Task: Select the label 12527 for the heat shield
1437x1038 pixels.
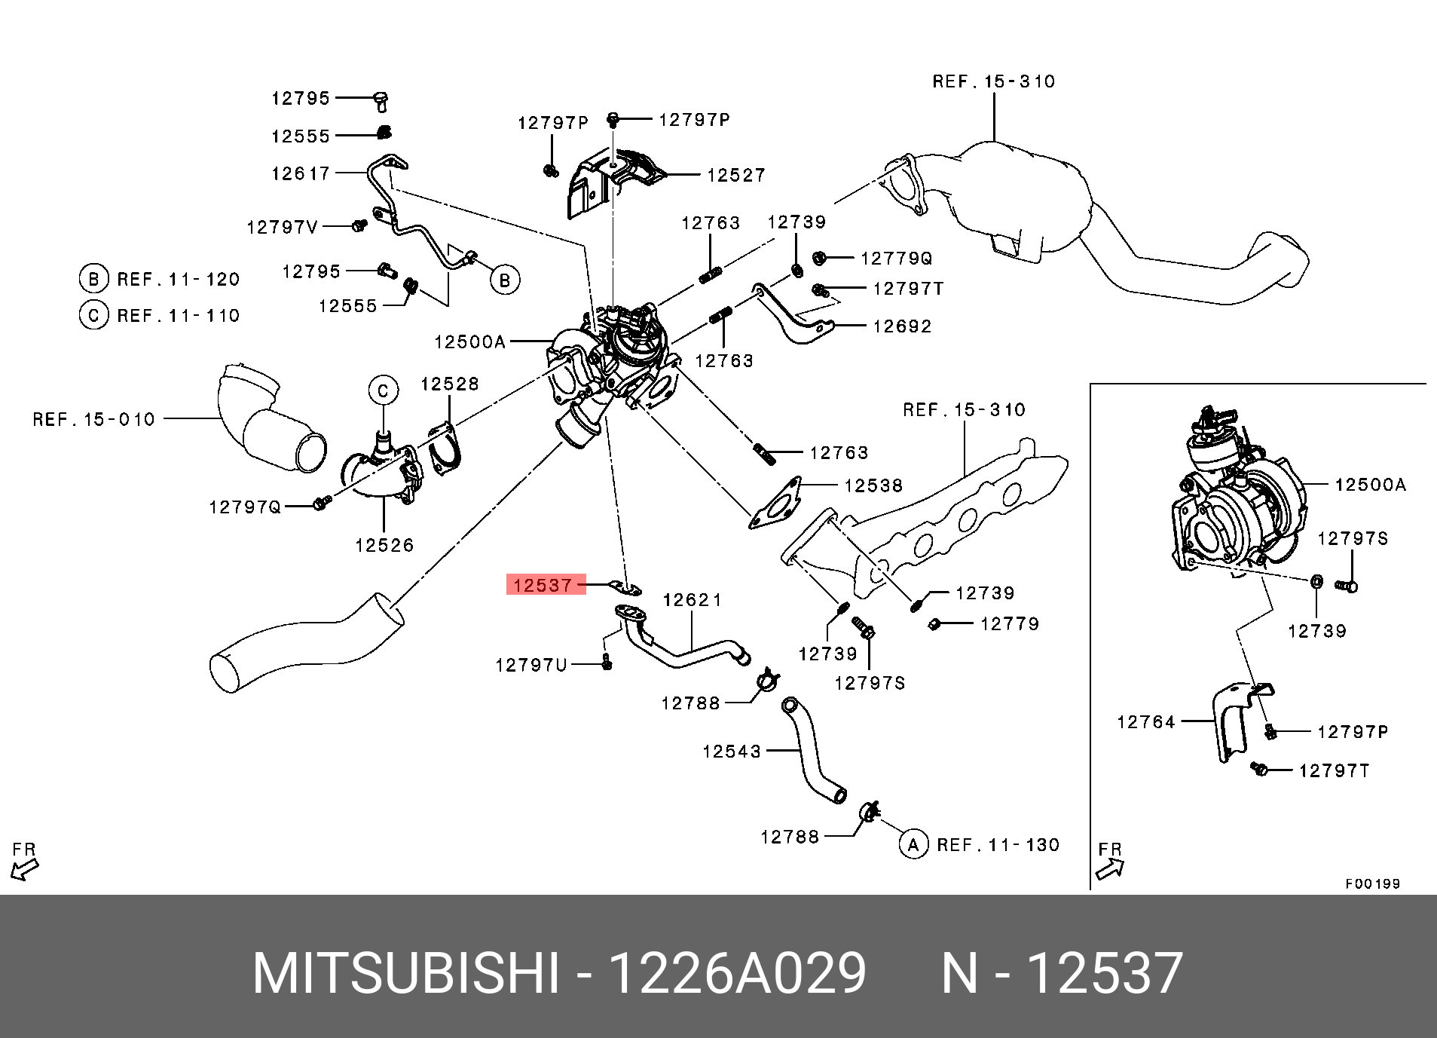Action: [735, 175]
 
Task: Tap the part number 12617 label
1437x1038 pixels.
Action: [301, 173]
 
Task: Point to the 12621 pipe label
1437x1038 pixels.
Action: [692, 600]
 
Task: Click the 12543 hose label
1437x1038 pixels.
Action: [731, 752]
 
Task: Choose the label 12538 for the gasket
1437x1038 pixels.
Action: [873, 485]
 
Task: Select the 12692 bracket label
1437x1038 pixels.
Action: [902, 326]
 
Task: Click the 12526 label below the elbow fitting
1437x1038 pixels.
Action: [384, 545]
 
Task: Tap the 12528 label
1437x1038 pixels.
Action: [449, 384]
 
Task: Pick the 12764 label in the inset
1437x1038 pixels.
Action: [1145, 722]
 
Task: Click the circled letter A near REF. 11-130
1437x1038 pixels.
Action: [913, 844]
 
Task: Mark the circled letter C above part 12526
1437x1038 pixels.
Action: [383, 390]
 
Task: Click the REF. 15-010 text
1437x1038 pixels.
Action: [93, 419]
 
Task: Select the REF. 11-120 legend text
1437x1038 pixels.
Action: [178, 280]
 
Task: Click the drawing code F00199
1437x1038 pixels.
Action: [1372, 883]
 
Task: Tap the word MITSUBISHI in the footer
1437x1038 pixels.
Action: [406, 973]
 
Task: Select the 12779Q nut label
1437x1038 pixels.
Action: [896, 259]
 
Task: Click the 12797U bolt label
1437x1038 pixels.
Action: [530, 665]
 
